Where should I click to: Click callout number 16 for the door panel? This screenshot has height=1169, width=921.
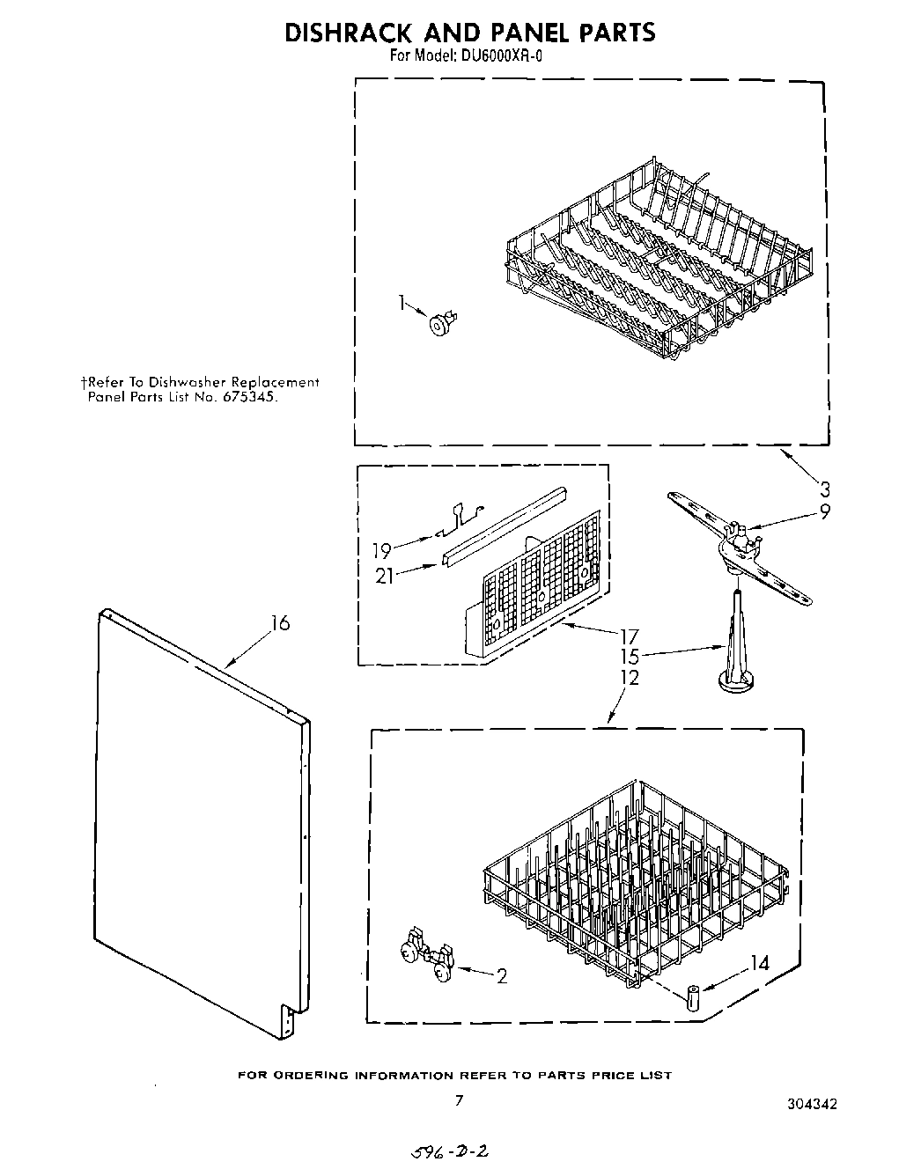pyautogui.click(x=279, y=624)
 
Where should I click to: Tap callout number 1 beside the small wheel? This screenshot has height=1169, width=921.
pyautogui.click(x=402, y=304)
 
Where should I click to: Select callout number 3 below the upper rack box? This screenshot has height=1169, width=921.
pyautogui.click(x=824, y=489)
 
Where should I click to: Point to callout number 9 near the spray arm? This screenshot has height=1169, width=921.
pyautogui.click(x=824, y=510)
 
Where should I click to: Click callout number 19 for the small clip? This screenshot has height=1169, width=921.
pyautogui.click(x=381, y=552)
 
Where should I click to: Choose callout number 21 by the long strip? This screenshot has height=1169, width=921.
pyautogui.click(x=383, y=576)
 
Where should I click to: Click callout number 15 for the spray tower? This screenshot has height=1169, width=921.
pyautogui.click(x=629, y=657)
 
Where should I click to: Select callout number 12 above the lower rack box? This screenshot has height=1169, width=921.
pyautogui.click(x=629, y=678)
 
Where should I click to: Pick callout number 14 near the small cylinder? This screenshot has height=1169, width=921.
pyautogui.click(x=758, y=964)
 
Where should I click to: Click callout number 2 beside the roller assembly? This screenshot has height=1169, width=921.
pyautogui.click(x=501, y=976)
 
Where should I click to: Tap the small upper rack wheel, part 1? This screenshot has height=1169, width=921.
pyautogui.click(x=438, y=324)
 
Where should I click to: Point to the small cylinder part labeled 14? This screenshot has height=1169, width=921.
pyautogui.click(x=694, y=1000)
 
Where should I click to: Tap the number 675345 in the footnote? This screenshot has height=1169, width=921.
pyautogui.click(x=254, y=397)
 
